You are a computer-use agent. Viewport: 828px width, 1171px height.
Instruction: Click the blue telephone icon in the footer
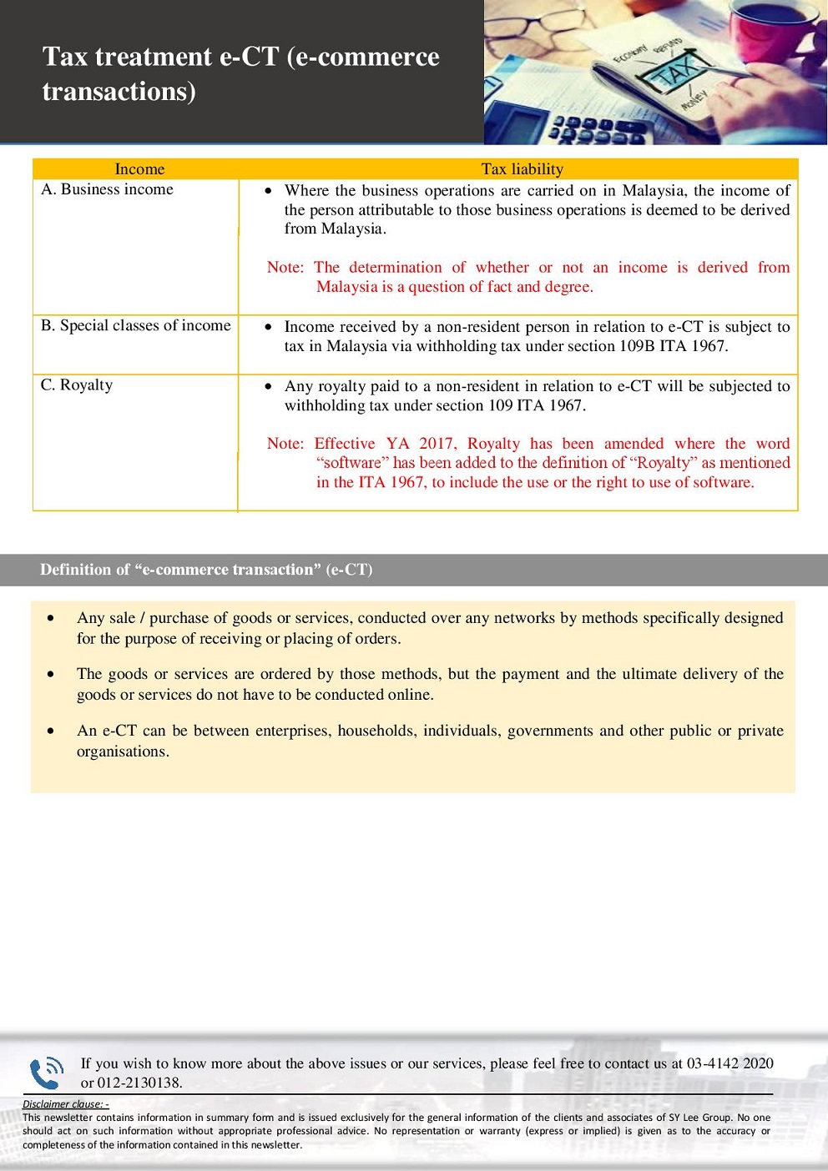[x=46, y=1073]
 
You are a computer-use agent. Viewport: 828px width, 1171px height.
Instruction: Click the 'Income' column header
[x=139, y=169]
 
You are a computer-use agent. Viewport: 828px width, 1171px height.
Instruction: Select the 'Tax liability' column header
[x=522, y=169]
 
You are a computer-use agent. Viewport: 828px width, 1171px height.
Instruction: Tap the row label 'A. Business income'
[x=107, y=189]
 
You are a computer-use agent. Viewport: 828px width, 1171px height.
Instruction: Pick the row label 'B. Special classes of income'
[x=135, y=325]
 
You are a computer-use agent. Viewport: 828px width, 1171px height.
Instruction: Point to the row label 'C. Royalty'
[x=77, y=384]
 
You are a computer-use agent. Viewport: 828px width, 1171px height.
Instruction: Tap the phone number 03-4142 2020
[x=730, y=1063]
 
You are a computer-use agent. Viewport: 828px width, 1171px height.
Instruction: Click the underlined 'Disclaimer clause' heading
[x=65, y=1104]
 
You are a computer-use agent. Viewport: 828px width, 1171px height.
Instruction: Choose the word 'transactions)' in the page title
[x=119, y=92]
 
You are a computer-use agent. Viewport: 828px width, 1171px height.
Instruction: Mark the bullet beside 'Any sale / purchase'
[x=52, y=619]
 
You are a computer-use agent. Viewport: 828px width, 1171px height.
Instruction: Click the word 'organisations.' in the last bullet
[x=123, y=751]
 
